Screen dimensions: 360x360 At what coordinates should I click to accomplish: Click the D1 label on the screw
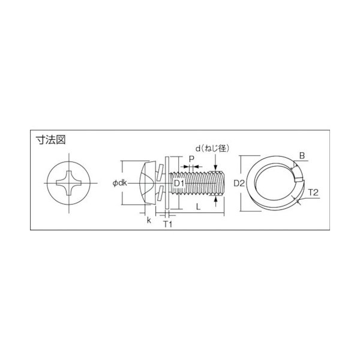coord(180,182)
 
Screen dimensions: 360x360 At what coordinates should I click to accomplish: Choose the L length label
coord(197,206)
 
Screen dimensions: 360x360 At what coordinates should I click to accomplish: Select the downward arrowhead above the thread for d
coord(216,167)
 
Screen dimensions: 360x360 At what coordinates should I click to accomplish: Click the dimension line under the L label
coord(199,214)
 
